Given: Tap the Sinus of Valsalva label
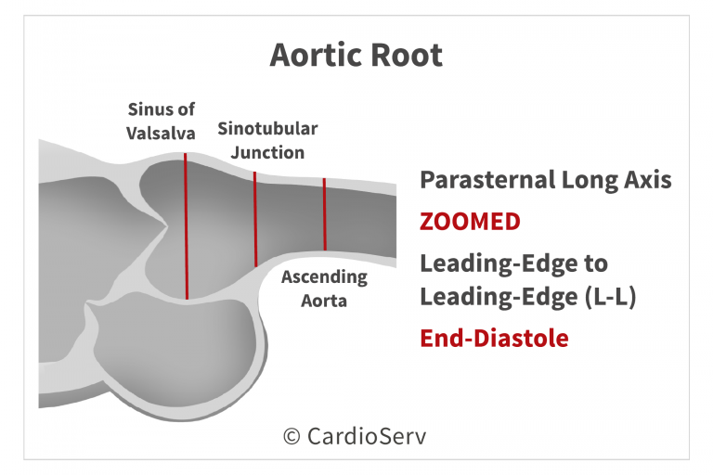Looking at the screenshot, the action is click(161, 122).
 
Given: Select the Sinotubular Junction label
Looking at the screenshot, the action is click(267, 140).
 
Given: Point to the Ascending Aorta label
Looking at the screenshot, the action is click(324, 289).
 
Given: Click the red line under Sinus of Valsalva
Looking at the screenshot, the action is click(186, 226).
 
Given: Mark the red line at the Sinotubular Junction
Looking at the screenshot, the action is click(255, 219).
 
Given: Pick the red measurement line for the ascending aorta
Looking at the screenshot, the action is click(325, 214).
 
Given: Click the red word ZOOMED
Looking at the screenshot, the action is click(470, 222).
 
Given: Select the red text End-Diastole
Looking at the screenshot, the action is click(494, 339).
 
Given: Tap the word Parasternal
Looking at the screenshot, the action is click(487, 180).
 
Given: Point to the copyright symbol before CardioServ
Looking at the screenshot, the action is click(292, 437).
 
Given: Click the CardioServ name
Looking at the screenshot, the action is click(367, 436).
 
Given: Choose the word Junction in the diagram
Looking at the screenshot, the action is click(267, 153).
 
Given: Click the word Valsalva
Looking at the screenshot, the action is click(161, 134).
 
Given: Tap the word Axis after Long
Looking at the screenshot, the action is click(647, 180).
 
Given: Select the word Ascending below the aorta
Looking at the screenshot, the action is click(324, 277).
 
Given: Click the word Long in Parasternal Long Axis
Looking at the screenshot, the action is click(590, 181).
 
